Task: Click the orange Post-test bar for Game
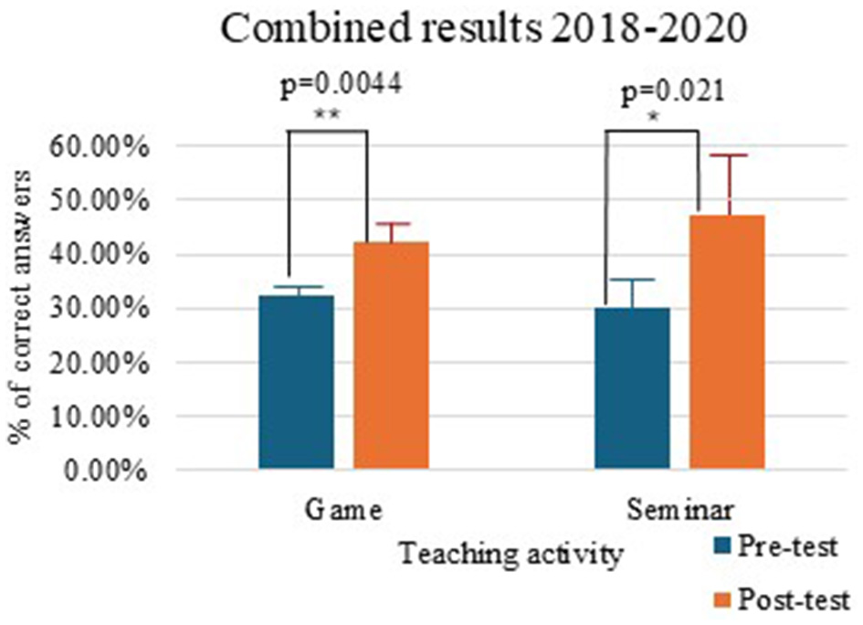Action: coord(391,356)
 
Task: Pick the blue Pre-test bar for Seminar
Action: coord(632,388)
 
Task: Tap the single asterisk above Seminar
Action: coord(652,119)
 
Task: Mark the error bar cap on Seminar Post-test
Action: coord(727,155)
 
